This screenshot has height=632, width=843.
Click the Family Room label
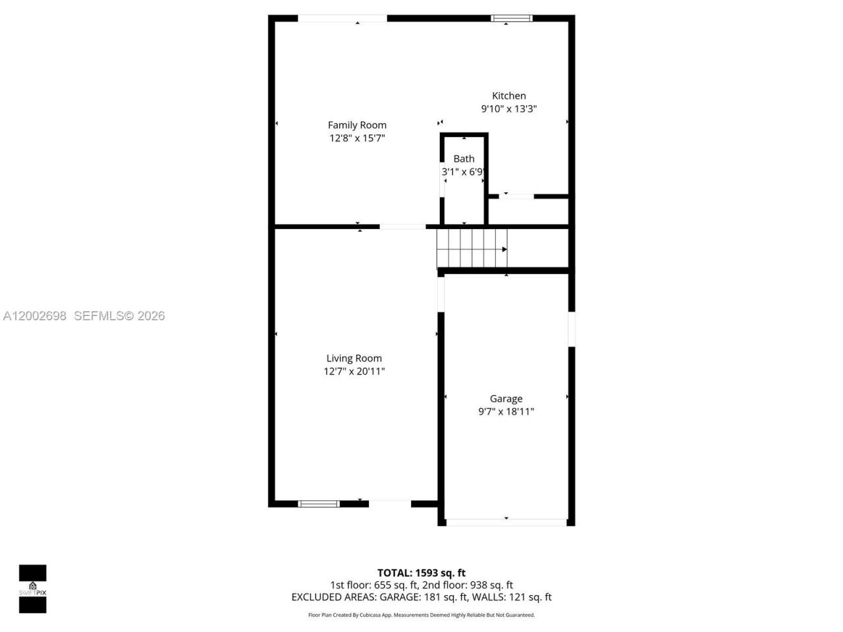[x=357, y=125]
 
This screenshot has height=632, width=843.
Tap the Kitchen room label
[x=509, y=95]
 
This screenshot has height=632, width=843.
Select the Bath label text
[x=464, y=159]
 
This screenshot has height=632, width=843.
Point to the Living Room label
[x=354, y=358]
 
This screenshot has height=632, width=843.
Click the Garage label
[x=506, y=398]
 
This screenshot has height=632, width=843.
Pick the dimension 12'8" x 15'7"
[x=357, y=138]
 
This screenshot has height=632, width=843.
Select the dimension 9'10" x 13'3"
[x=509, y=109]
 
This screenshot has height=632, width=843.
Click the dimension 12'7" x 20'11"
[x=354, y=371]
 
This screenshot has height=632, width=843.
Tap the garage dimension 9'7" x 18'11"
[x=506, y=411]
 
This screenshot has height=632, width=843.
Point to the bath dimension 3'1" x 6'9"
[x=464, y=172]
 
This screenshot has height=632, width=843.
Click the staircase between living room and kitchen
[x=472, y=248]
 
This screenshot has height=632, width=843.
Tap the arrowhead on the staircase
[x=504, y=249]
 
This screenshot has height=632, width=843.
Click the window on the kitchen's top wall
[x=511, y=18]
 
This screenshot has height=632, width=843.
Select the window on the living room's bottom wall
[x=319, y=504]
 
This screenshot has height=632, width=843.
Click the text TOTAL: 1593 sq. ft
[x=421, y=573]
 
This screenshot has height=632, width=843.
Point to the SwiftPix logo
[x=32, y=589]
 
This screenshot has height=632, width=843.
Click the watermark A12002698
[x=35, y=316]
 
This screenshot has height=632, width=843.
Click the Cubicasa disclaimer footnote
[x=421, y=615]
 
